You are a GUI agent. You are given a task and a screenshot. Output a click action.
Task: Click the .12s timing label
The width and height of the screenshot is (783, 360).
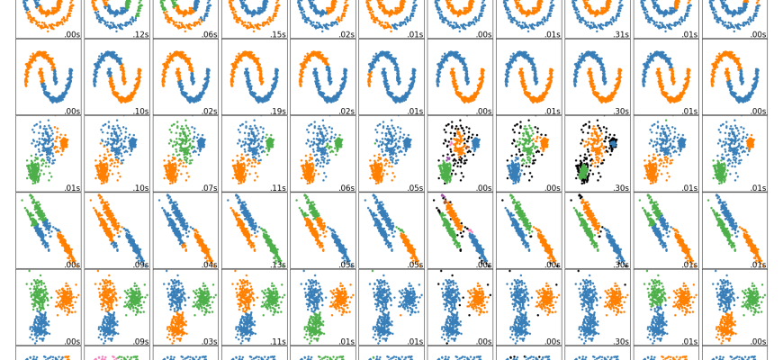pos(141,34)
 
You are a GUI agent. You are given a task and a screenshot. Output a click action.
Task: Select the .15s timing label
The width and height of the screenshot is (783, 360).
pos(278,34)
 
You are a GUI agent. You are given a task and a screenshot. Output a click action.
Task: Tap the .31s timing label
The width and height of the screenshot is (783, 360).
pos(621,34)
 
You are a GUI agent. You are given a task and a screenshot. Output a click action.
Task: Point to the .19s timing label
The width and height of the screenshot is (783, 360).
pos(278,112)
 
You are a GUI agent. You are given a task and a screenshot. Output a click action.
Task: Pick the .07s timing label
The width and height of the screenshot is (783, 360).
pos(210,188)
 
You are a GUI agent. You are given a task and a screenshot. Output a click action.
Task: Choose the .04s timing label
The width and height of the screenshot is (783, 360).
pos(210,265)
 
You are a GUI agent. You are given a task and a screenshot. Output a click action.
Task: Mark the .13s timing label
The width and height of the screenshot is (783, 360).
pos(278,265)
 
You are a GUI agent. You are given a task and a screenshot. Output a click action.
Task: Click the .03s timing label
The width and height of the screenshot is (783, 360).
pos(210,341)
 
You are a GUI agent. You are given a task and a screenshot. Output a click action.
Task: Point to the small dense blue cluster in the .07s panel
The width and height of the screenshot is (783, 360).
pos(202,142)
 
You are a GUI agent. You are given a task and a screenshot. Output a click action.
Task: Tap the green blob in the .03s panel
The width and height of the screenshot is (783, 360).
pos(202,298)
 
